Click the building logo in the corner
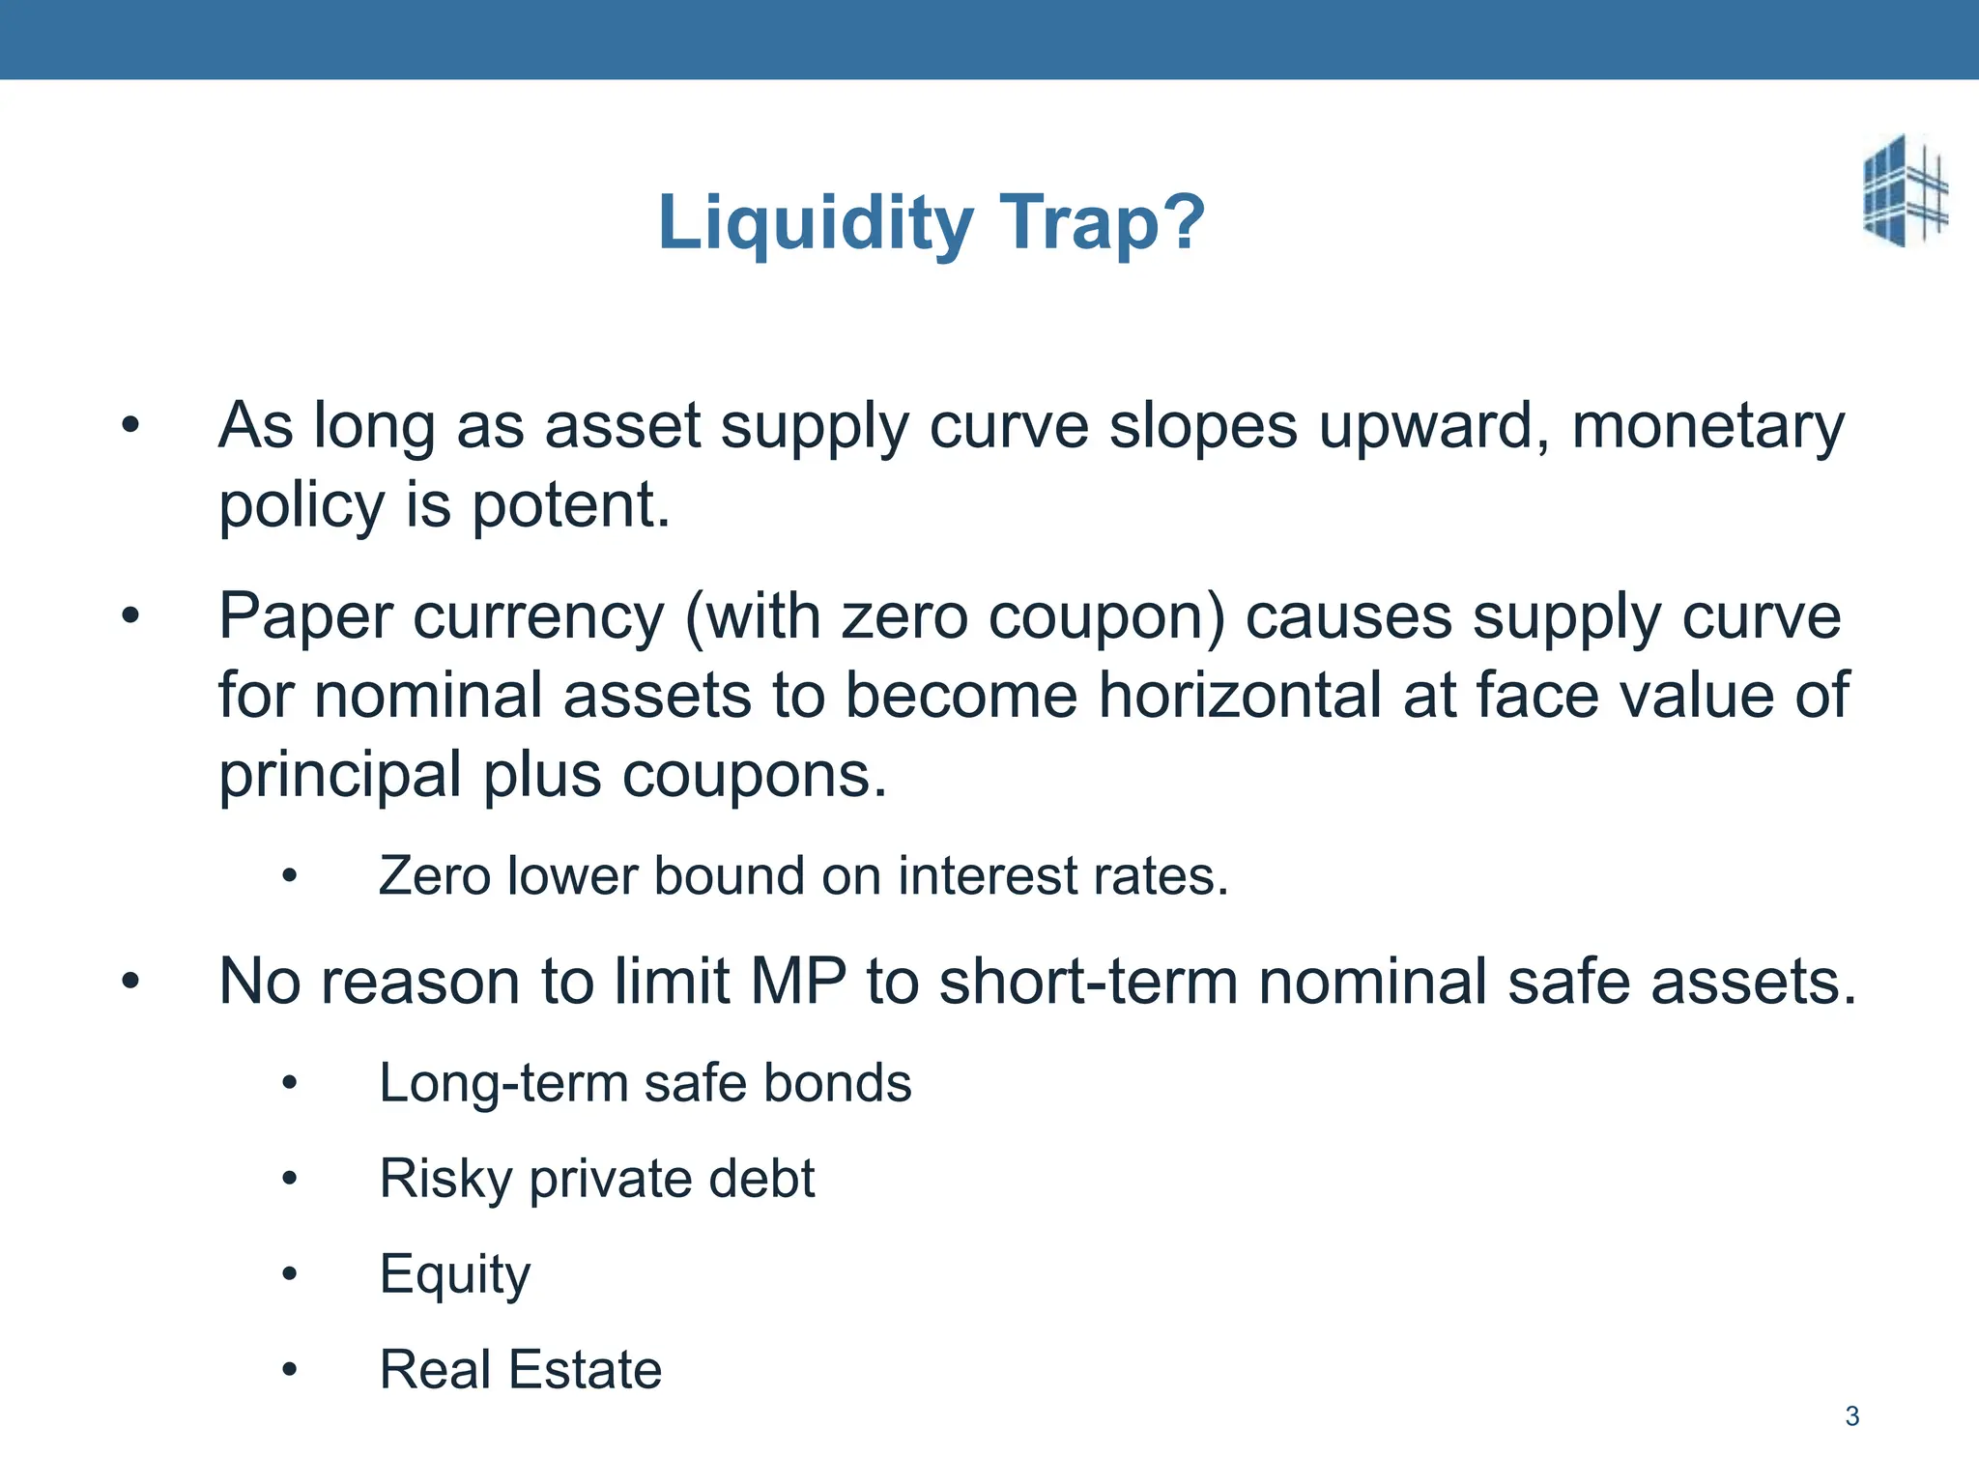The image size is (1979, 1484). click(x=1905, y=190)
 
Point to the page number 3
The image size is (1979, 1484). click(x=1851, y=1416)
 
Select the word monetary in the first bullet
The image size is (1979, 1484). click(x=1707, y=425)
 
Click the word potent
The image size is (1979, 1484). click(x=570, y=504)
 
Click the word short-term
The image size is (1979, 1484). click(x=1088, y=982)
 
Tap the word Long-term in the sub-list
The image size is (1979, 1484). click(x=502, y=1082)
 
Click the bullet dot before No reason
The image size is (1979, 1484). click(x=131, y=982)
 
